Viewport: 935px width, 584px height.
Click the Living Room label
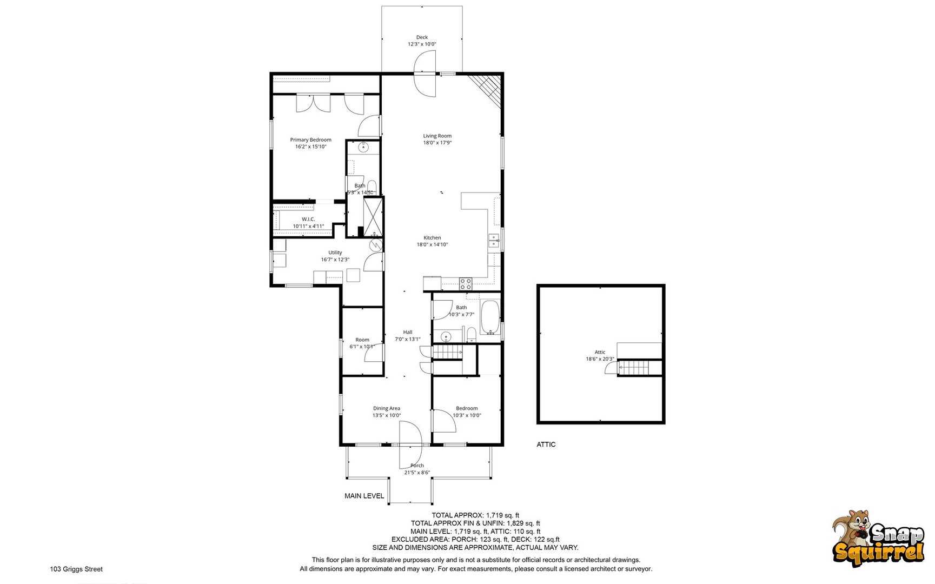click(437, 136)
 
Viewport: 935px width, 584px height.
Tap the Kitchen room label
click(432, 238)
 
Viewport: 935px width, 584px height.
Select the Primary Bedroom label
click(310, 140)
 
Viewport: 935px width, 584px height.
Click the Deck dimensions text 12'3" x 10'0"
click(422, 44)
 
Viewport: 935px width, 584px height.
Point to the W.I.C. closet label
click(308, 219)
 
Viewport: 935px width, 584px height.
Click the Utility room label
click(335, 253)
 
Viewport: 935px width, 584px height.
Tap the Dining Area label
click(387, 409)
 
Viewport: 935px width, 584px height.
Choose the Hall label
click(408, 333)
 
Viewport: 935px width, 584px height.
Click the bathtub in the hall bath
click(490, 317)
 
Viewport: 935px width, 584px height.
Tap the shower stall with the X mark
click(373, 217)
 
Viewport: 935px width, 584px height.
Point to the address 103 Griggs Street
click(76, 569)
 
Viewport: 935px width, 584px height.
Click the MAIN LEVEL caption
click(364, 496)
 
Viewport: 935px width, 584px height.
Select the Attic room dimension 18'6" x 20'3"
click(600, 359)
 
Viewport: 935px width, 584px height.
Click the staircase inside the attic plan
click(634, 368)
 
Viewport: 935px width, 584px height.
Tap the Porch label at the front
click(417, 466)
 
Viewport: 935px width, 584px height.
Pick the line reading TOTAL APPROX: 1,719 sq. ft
click(475, 515)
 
